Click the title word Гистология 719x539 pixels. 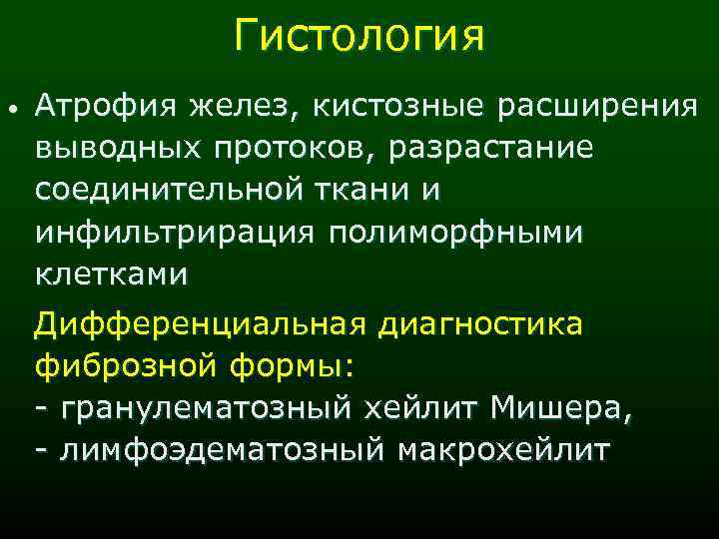pos(359,37)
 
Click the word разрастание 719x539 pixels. pos(493,147)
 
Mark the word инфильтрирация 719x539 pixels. pos(178,232)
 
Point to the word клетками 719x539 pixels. pos(111,273)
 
